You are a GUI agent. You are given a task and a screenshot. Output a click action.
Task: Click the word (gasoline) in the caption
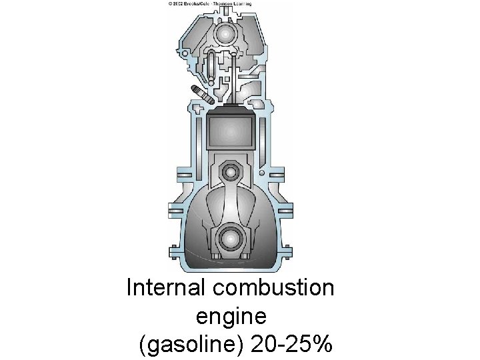pyautogui.click(x=193, y=345)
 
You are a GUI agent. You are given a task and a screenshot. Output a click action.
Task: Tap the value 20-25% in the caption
pyautogui.click(x=293, y=345)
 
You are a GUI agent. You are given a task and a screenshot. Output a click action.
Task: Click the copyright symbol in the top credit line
pyautogui.click(x=171, y=3)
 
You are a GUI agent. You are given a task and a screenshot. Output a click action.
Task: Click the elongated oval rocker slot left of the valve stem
pyautogui.click(x=212, y=63)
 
